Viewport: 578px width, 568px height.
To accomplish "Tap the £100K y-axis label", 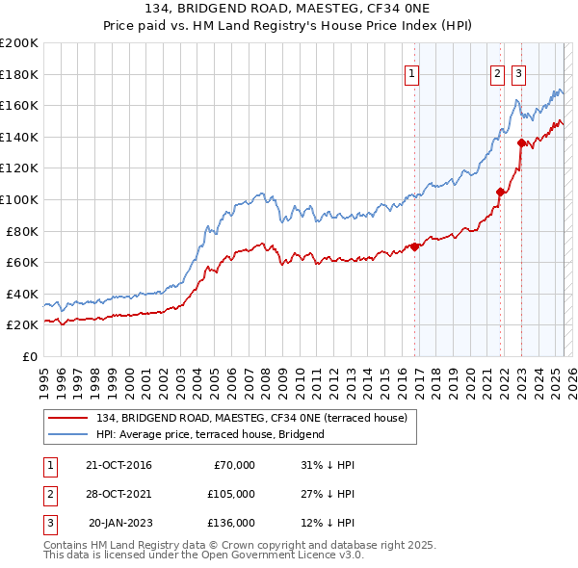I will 19,199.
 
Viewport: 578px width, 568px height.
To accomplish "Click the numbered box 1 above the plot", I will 411,73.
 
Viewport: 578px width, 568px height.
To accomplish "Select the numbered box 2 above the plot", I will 497,73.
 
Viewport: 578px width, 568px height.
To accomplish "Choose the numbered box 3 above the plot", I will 518,73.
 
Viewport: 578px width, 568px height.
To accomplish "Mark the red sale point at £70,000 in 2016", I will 415,246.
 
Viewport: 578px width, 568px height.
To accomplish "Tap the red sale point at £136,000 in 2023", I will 521,143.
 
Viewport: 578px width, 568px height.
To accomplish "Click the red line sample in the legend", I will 68,418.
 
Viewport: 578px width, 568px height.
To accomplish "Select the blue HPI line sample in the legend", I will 68,434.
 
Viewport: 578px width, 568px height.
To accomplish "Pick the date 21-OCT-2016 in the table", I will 118,465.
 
